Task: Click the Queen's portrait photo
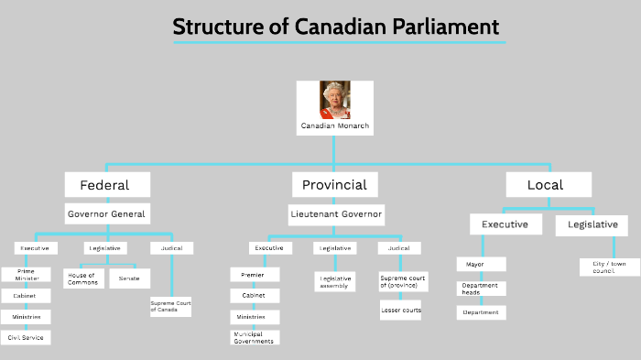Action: [x=334, y=99]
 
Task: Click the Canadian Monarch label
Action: [x=335, y=125]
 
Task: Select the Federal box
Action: [x=104, y=184]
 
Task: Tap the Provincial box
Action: [x=334, y=184]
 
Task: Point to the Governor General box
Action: [x=106, y=213]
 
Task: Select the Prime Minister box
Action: [x=26, y=275]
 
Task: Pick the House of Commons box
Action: [x=83, y=278]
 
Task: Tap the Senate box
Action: [x=130, y=278]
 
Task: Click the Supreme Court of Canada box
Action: [x=170, y=306]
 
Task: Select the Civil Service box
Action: [x=26, y=337]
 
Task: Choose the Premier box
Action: [x=254, y=275]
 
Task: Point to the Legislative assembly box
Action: [x=335, y=282]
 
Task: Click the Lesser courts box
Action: [x=400, y=311]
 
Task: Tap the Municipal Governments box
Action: [x=255, y=336]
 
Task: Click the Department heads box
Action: [x=481, y=289]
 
